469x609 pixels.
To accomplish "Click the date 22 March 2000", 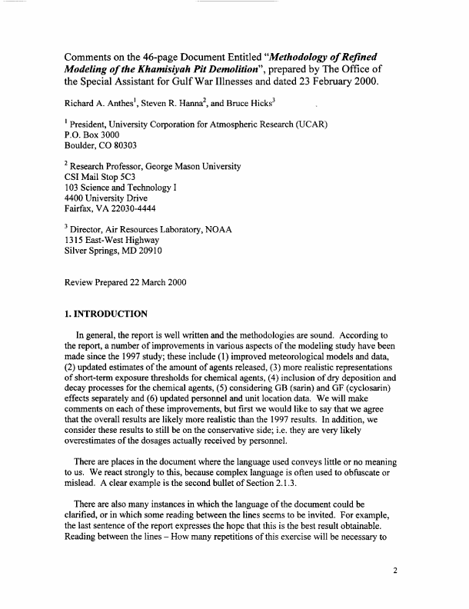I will point(184,283).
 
